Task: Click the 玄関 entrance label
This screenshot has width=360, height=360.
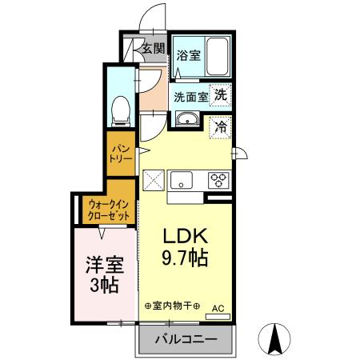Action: tap(153, 48)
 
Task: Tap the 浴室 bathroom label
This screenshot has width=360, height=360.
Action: tap(189, 56)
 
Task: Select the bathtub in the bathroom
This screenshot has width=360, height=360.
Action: tap(217, 57)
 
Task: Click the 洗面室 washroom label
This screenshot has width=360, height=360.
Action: tap(190, 97)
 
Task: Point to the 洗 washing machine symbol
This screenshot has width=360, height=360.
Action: tap(219, 94)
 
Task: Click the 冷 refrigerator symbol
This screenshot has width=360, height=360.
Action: tap(220, 126)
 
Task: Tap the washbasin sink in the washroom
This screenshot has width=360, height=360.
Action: tap(187, 121)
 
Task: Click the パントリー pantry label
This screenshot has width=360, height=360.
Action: tap(121, 154)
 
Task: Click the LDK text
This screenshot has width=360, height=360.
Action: tap(186, 238)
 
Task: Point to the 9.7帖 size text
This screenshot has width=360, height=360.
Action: tap(186, 258)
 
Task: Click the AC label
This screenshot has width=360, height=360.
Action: tap(218, 307)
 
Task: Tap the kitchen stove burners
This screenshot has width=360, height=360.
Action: tap(218, 181)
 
